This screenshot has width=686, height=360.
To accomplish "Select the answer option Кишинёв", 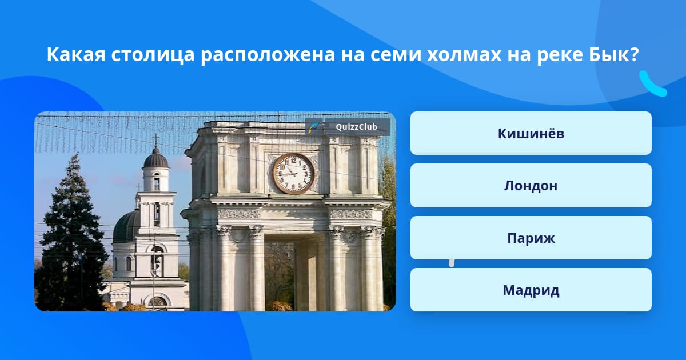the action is point(531,133).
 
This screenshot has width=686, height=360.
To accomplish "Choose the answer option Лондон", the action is point(531,186).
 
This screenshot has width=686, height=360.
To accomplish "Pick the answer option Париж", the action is point(531,238).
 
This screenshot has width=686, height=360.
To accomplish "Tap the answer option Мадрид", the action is point(531,290).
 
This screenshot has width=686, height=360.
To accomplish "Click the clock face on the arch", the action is point(293,174).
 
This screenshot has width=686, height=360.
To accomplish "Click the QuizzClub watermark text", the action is point(356,127).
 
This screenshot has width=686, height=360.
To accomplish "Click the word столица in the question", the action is point(153,55).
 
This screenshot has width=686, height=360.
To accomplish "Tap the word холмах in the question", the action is point(464,55).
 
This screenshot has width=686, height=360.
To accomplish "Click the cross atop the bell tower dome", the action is point(156,139).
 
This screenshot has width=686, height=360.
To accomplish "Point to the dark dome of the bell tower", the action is point(155,158).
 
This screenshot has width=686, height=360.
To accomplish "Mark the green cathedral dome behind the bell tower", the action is point(127,226).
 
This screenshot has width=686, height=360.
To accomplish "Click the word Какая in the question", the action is point(76,55).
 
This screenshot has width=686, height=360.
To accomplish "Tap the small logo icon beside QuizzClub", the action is point(314,127).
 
